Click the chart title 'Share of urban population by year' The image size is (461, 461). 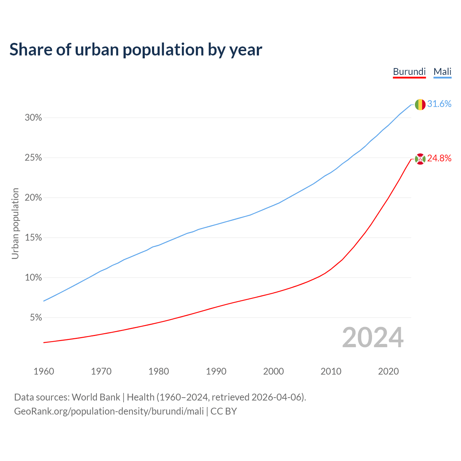tap(136, 50)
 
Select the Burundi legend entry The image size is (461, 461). tap(409, 72)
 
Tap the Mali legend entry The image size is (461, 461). tap(442, 72)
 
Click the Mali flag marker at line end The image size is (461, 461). tap(420, 104)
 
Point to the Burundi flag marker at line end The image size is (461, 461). tap(420, 158)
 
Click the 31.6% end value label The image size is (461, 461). tap(439, 104)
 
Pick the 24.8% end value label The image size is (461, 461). tap(439, 158)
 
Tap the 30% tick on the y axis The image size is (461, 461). tap(33, 118)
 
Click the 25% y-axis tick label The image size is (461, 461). tap(33, 158)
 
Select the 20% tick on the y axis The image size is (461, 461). tap(33, 198)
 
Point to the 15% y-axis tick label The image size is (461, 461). tap(33, 238)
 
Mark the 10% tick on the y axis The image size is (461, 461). tap(33, 278)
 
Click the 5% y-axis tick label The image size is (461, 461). tap(36, 318)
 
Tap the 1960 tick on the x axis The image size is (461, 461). tap(44, 371)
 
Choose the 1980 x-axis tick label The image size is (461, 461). tap(159, 371)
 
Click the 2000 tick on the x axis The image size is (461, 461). tap(273, 371)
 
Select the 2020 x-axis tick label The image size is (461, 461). tap(388, 371)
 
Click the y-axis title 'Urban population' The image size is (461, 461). tap(15, 223)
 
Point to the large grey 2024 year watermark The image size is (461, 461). tap(373, 338)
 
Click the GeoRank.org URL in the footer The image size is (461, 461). tap(109, 411)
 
